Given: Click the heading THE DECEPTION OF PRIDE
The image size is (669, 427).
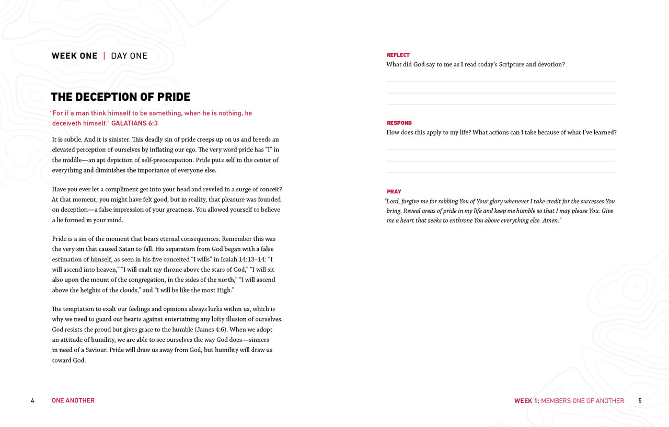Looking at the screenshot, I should [x=120, y=97].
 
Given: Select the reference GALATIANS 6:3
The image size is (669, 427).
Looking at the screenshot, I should [x=134, y=123].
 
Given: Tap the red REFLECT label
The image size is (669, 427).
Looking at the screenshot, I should [x=398, y=55].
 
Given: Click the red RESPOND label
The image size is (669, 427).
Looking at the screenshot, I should [x=399, y=123].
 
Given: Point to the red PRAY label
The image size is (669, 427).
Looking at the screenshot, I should [x=394, y=192].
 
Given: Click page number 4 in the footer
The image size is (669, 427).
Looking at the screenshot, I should [x=32, y=401].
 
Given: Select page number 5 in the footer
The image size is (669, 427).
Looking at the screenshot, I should [x=640, y=401].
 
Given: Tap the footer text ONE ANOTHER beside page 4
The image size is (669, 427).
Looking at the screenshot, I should [x=73, y=401].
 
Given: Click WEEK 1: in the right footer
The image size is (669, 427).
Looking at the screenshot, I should [x=526, y=401].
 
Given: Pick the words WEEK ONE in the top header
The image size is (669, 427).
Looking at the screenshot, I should [x=74, y=56].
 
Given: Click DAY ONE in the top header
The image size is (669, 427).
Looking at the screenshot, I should [x=129, y=56].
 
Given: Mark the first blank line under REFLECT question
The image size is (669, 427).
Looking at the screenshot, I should [x=501, y=82].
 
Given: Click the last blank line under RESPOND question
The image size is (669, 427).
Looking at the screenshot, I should [x=501, y=172].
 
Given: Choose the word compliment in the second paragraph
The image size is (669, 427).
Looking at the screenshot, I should [x=113, y=189].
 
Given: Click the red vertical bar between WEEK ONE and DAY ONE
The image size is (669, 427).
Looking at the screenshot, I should [x=104, y=56].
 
